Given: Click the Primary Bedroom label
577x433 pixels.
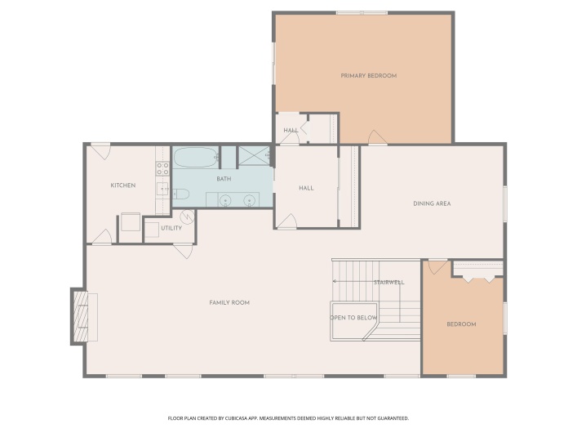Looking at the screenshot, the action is pos(368,76).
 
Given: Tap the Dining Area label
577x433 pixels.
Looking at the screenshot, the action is pos(432,203).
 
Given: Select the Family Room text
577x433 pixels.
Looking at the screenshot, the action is pos(229,302).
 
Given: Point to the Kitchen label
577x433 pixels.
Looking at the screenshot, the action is pos(123,185).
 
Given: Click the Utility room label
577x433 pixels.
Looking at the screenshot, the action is pos(171,228).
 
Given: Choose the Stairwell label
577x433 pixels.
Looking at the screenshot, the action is pos(389,283).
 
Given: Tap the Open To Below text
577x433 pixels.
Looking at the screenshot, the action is pos(353,318).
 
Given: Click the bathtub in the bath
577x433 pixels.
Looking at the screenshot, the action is pos(196,158).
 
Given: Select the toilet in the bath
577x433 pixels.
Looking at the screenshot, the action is pos(180,194).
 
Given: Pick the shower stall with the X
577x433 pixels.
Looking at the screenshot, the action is pos(255,156).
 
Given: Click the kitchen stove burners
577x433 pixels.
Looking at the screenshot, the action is pos(162,169).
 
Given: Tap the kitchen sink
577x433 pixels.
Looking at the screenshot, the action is pos(162,189).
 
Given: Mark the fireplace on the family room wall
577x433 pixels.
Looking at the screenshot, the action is pos(81,317).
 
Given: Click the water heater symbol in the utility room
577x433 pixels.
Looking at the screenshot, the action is pos(188,216).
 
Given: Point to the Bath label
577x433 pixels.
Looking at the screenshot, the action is pos(224,179).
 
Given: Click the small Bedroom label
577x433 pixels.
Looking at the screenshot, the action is pos(461,324).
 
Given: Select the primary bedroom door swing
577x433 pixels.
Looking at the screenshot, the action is pos(377,137).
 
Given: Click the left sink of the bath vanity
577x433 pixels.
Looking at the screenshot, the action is pos(224,200).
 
